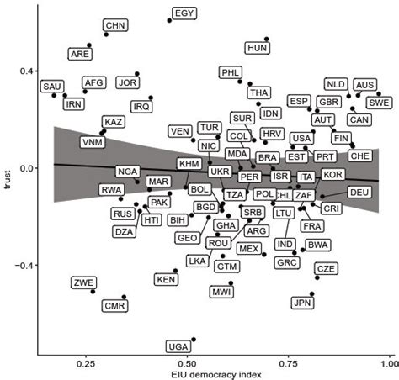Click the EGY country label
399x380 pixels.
coord(184,13)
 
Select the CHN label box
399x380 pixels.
coord(115,26)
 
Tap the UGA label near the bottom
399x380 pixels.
coord(178,346)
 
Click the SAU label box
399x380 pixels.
coord(52,87)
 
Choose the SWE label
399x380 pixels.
coord(379,103)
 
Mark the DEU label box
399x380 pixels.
coord(359,193)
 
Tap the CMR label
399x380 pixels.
coord(114,307)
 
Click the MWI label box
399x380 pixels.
coord(222,292)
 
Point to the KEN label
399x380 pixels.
coord(167,279)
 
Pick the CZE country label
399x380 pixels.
coord(326,269)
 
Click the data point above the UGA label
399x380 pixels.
coord(194,340)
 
